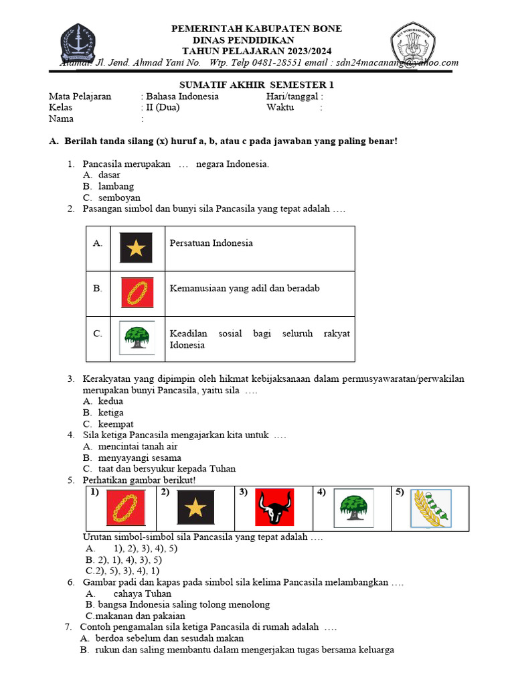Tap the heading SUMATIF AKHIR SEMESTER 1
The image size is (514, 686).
click(257, 85)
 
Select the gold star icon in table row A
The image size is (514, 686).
click(137, 248)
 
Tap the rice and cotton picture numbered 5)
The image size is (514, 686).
click(430, 508)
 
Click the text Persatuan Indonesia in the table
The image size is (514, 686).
click(211, 243)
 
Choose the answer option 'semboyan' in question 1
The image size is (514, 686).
click(119, 198)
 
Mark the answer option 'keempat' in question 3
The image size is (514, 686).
click(116, 424)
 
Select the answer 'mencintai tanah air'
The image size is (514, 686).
click(138, 446)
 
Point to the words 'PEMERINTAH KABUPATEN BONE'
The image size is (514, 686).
click(257, 29)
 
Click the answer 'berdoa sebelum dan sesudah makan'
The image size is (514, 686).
click(170, 638)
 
